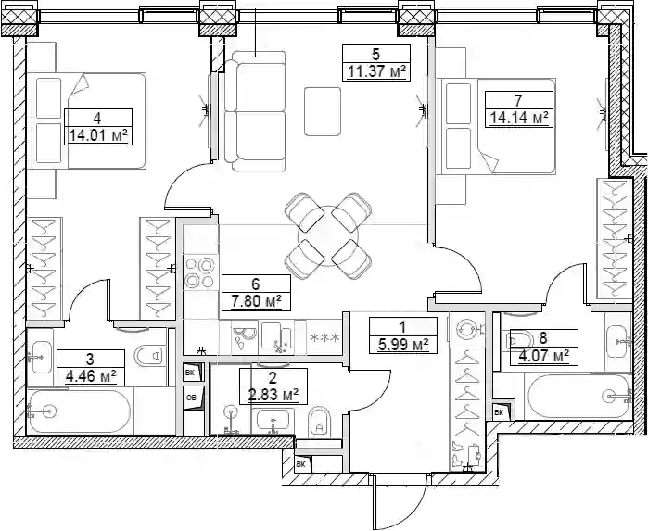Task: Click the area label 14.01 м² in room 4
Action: [98, 135]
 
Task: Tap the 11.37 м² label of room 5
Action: [376, 71]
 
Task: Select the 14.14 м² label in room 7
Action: [518, 118]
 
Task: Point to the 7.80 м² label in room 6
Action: [256, 301]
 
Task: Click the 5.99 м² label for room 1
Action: [403, 344]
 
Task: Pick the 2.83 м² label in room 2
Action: [273, 395]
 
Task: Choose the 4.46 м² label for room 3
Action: [91, 376]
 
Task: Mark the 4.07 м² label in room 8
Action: [543, 356]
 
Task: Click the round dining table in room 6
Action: [328, 236]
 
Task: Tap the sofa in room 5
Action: [255, 111]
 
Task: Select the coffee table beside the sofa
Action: [323, 111]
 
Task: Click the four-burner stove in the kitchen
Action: [200, 272]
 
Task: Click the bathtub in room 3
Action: [80, 411]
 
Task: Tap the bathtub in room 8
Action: [577, 397]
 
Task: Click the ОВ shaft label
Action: [191, 398]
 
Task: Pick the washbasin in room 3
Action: [42, 357]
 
